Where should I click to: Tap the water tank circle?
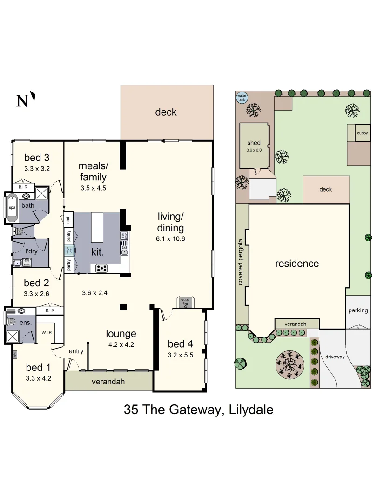[x=242, y=98]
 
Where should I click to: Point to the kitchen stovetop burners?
[x=102, y=268]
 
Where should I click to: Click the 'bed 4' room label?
[x=180, y=344]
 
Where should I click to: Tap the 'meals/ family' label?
[x=93, y=171]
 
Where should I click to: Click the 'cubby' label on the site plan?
[x=363, y=133]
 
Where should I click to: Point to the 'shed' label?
[x=254, y=143]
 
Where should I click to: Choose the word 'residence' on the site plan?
[x=297, y=264]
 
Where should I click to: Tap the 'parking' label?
[x=358, y=310]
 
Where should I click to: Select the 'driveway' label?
[x=335, y=357]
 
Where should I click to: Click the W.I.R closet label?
[x=46, y=333]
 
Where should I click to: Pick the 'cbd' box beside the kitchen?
[x=68, y=220]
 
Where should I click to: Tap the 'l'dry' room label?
[x=31, y=251]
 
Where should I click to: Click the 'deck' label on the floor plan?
[x=166, y=112]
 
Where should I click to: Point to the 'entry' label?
[x=76, y=351]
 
